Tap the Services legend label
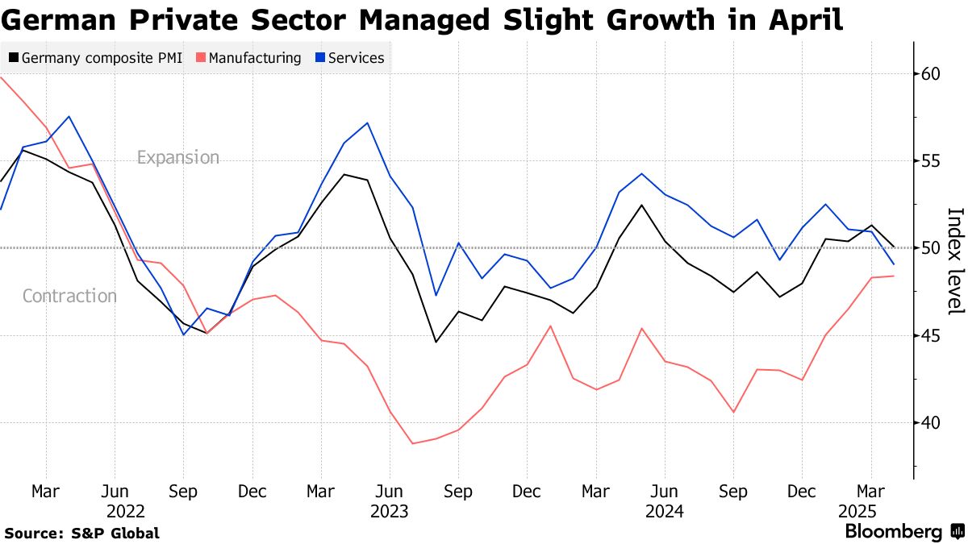(x=356, y=58)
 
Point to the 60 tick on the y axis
(x=931, y=73)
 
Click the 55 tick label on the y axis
(x=931, y=160)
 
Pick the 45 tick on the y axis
(x=931, y=334)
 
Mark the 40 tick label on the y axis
(x=931, y=421)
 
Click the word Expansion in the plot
(x=178, y=157)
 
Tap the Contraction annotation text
(x=69, y=296)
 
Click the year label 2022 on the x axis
(x=125, y=511)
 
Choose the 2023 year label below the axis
(x=390, y=511)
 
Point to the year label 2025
(x=857, y=511)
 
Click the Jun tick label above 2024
(x=665, y=491)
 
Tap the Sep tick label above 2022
(x=183, y=491)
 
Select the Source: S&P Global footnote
(x=81, y=533)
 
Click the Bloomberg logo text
(x=893, y=532)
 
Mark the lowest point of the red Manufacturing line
(x=412, y=443)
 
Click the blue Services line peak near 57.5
(x=69, y=117)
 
